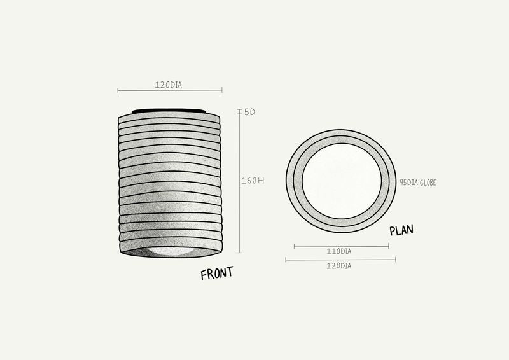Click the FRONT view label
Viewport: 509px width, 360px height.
216,273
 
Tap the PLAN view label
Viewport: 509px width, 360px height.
401,230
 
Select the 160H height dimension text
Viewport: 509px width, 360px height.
253,181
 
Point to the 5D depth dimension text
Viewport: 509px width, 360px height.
249,112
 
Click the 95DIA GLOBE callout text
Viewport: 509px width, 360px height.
418,183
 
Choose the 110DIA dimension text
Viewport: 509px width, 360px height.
339,252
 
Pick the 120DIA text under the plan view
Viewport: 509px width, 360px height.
339,266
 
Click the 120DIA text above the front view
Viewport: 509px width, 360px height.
168,85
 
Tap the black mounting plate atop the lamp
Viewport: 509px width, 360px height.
169,111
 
